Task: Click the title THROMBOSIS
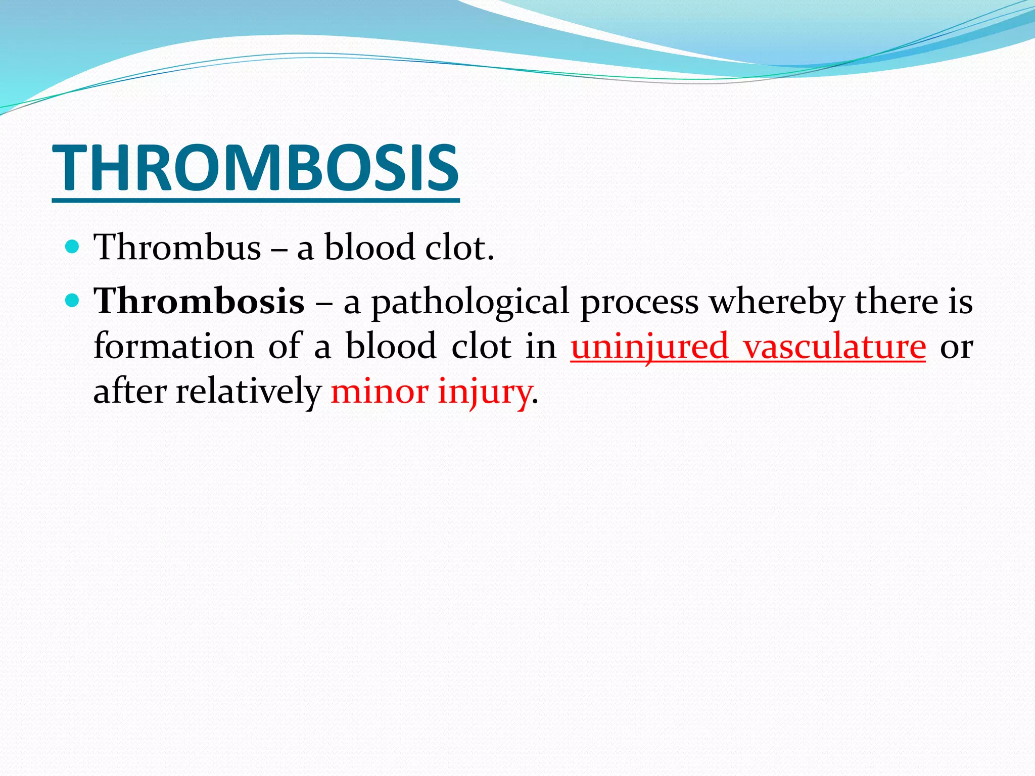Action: pyautogui.click(x=256, y=168)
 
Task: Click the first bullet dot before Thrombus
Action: pyautogui.click(x=73, y=247)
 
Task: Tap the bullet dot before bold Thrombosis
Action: pyautogui.click(x=73, y=301)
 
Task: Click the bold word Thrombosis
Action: pyautogui.click(x=199, y=301)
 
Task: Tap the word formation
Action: pyautogui.click(x=174, y=347)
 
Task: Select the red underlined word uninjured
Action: pyautogui.click(x=649, y=348)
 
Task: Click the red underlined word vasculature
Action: pyautogui.click(x=834, y=347)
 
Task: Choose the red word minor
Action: pyautogui.click(x=379, y=392)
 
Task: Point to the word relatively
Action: pyautogui.click(x=248, y=392)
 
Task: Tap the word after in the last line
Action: pyautogui.click(x=130, y=392)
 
